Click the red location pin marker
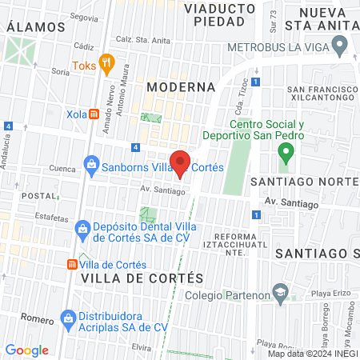click(182, 163)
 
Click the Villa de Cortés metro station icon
click(72, 265)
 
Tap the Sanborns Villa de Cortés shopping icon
click(91, 167)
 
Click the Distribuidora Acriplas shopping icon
click(68, 322)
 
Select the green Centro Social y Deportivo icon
click(284, 150)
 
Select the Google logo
click(27, 350)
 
